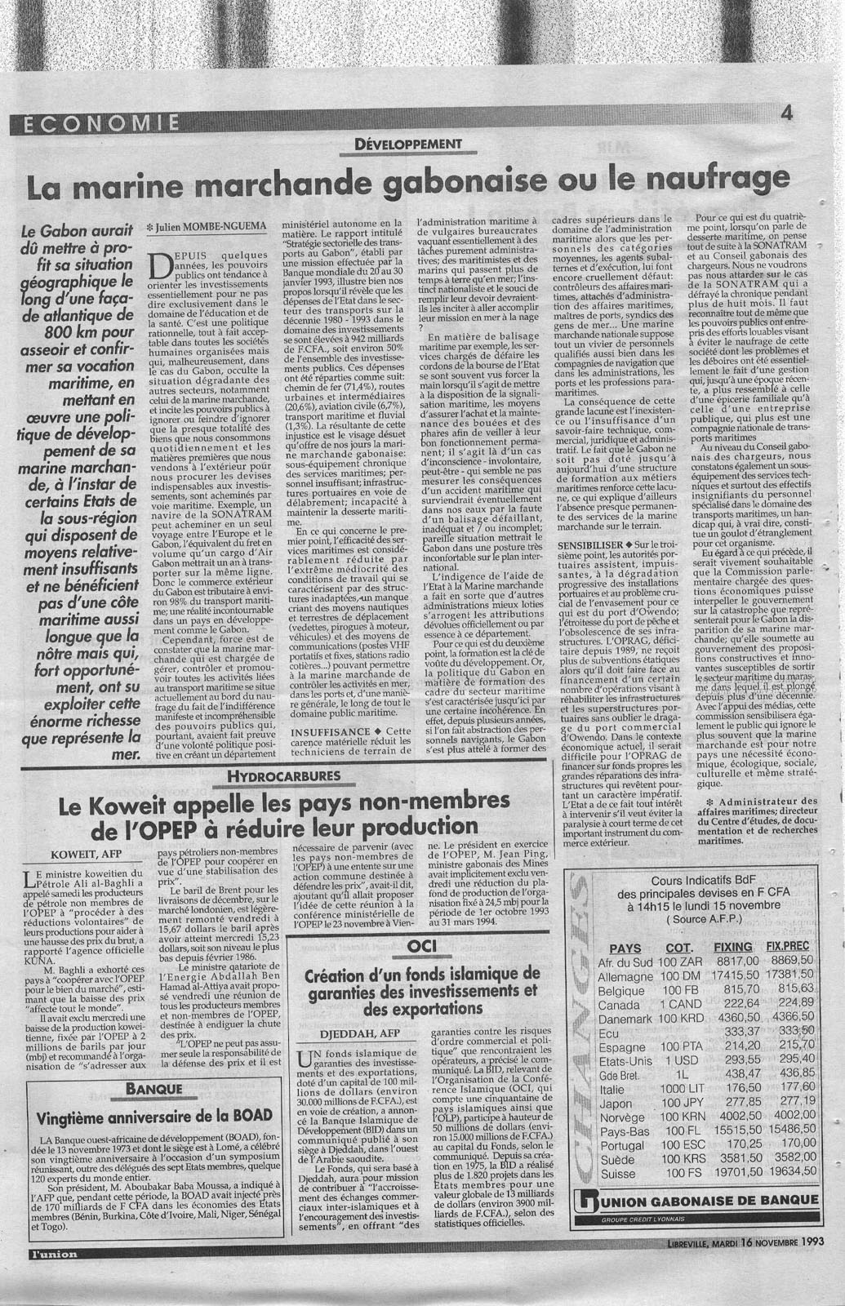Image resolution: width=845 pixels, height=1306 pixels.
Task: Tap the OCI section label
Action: point(424,946)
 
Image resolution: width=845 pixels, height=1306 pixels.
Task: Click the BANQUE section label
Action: point(153,1089)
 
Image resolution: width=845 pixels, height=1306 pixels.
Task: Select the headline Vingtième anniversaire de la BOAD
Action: point(153,1116)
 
